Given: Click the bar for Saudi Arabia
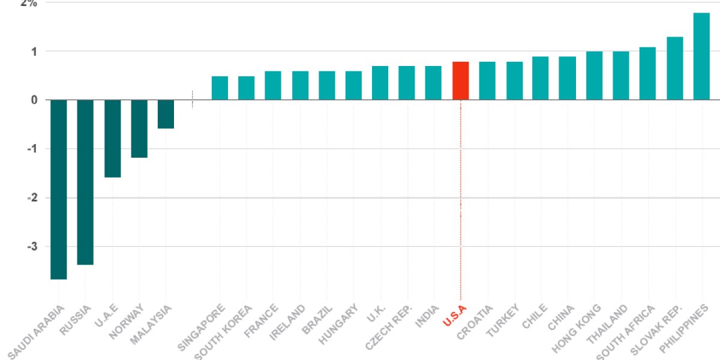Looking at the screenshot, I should click(58, 189).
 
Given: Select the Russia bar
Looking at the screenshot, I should click(85, 182).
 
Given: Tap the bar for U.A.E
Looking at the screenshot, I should click(112, 138).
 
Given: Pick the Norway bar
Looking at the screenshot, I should click(139, 128).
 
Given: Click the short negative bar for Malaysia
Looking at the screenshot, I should click(166, 114).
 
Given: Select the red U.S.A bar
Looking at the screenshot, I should click(460, 80).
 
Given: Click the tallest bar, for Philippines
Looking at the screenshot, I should click(701, 56).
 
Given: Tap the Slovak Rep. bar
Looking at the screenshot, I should click(675, 68).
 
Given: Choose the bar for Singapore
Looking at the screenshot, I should click(220, 88).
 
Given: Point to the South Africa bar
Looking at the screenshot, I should click(647, 73).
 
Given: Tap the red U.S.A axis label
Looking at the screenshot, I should click(454, 316).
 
